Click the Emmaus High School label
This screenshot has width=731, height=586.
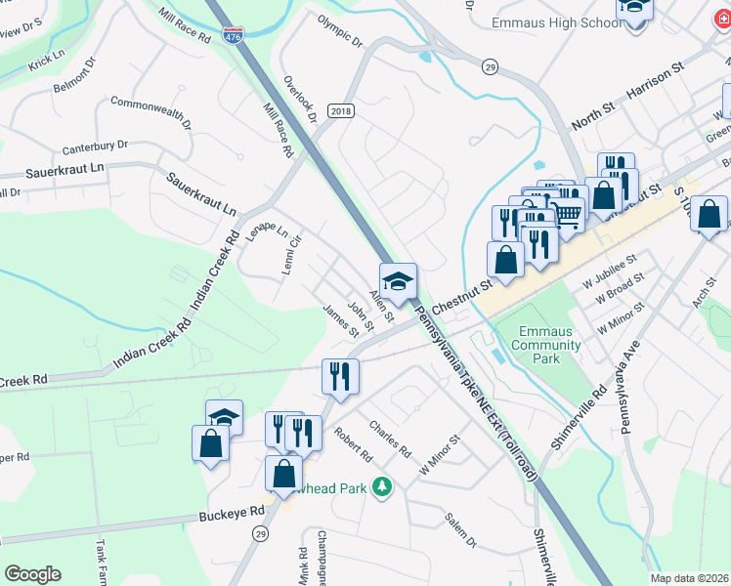[x=529, y=21]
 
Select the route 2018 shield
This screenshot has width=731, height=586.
[x=339, y=112]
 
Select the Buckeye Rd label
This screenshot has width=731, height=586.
[x=232, y=511]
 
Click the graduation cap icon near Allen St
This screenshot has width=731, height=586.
[x=398, y=281]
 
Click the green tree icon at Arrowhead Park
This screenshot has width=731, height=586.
[x=384, y=485]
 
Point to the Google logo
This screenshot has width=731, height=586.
[x=32, y=573]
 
